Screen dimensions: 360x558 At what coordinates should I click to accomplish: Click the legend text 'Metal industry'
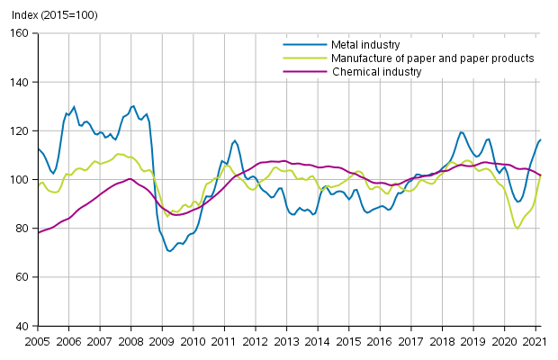(365, 44)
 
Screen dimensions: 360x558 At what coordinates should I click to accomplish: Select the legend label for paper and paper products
(433, 58)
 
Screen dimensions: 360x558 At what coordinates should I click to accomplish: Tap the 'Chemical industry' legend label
(376, 72)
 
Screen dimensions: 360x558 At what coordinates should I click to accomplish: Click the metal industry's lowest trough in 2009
(169, 251)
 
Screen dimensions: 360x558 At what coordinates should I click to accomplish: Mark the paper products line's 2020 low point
(517, 229)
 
